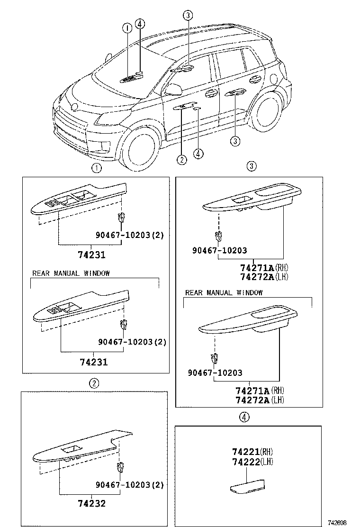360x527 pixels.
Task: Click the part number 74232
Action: [x=91, y=503]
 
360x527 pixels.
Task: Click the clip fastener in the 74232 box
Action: [x=120, y=466]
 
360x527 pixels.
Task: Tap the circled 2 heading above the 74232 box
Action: [x=95, y=383]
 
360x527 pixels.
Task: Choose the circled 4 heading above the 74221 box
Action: [x=243, y=417]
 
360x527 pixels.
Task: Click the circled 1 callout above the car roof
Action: [x=127, y=28]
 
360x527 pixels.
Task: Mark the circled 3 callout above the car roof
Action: [x=188, y=15]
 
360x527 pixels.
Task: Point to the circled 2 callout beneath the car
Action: [x=182, y=159]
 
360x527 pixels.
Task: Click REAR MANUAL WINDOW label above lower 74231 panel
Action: [x=71, y=273]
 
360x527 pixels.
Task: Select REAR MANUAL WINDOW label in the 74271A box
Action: [x=224, y=292]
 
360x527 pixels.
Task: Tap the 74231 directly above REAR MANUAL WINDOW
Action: [x=91, y=255]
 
